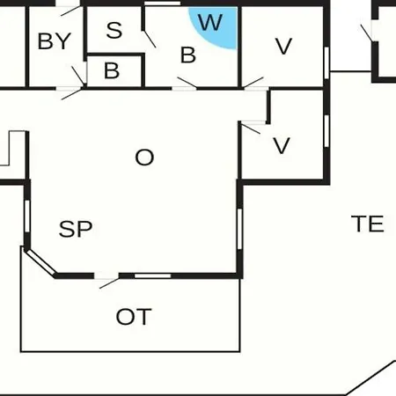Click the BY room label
click(x=55, y=41)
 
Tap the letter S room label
click(x=114, y=30)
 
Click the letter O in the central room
click(x=144, y=158)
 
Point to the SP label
click(x=76, y=229)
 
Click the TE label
click(x=368, y=224)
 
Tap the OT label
click(x=134, y=317)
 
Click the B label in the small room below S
click(x=112, y=70)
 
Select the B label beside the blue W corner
click(x=188, y=55)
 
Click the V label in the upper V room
click(x=283, y=47)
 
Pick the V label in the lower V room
click(x=282, y=145)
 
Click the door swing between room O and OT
click(x=109, y=283)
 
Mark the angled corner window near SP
click(x=40, y=262)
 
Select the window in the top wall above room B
click(x=163, y=4)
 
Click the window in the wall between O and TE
click(x=239, y=229)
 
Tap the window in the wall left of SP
click(x=27, y=216)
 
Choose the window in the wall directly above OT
click(x=152, y=275)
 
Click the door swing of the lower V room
click(x=251, y=129)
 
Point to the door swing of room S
click(x=150, y=39)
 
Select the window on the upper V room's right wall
click(x=326, y=63)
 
